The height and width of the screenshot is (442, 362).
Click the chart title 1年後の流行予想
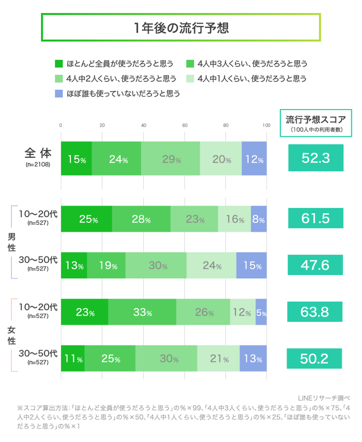click(181, 28)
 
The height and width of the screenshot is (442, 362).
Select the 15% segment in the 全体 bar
click(76, 159)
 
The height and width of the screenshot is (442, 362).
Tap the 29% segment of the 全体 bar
click(170, 159)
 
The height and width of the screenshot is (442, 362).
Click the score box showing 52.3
click(315, 158)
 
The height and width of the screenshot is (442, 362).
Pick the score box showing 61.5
click(315, 219)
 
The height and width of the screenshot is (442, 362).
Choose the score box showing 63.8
click(315, 312)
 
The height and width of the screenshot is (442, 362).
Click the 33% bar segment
click(142, 312)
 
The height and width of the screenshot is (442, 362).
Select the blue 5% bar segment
click(261, 312)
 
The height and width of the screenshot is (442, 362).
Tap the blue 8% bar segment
click(259, 219)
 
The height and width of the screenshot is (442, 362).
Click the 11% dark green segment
click(73, 359)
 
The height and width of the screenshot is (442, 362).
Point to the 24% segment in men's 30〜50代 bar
click(211, 266)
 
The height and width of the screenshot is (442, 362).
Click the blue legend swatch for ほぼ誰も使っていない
click(58, 94)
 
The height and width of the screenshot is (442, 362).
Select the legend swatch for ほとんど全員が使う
click(58, 64)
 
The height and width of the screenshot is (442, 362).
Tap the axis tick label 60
click(185, 125)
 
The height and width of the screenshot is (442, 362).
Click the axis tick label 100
click(266, 125)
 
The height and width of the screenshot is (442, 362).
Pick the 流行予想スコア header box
click(315, 123)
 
